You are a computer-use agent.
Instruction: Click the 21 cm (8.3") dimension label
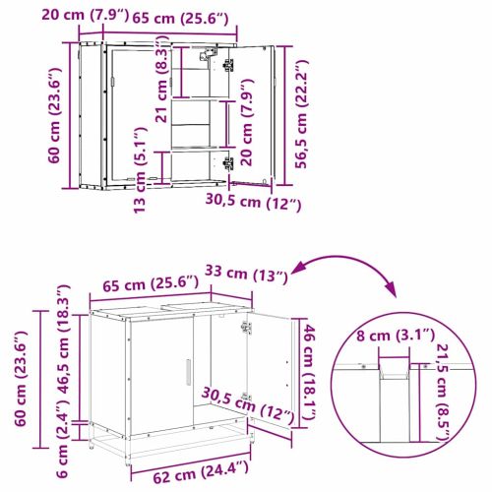pyautogui.click(x=163, y=88)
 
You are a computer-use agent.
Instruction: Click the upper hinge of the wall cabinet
pyautogui.click(x=229, y=65)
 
